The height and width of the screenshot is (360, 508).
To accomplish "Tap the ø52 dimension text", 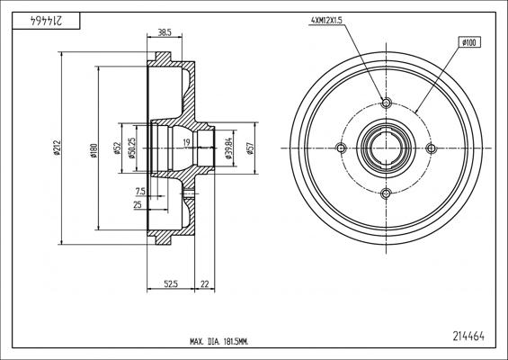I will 118,149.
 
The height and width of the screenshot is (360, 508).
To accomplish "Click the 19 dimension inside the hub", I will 184,142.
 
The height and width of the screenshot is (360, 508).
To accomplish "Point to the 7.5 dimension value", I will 139,191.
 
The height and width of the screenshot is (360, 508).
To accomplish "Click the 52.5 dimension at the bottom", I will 169,284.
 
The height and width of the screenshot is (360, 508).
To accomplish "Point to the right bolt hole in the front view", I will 431,148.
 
